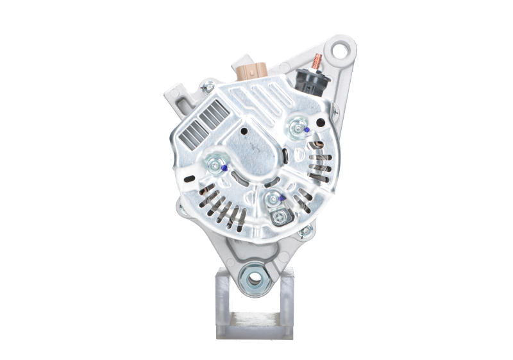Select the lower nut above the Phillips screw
click(x=273, y=201)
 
